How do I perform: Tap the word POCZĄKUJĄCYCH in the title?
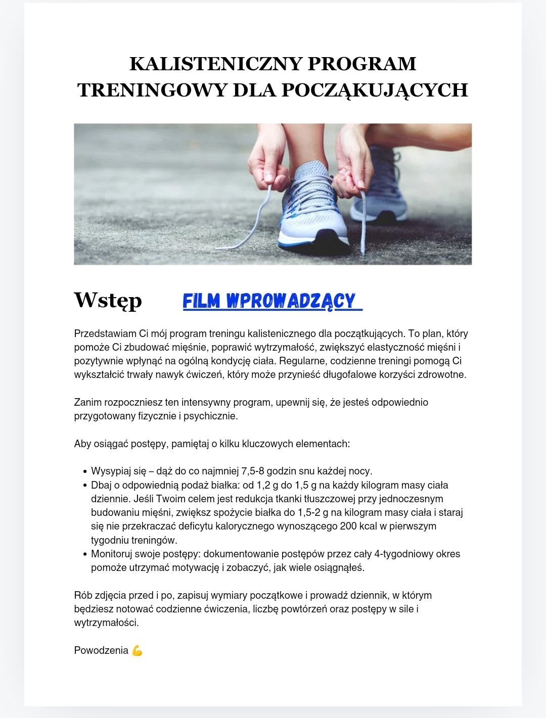click(375, 90)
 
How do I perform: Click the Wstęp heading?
click(108, 300)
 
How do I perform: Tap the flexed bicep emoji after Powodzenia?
click(137, 651)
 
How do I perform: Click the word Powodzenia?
click(101, 651)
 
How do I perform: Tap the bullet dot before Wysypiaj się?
click(85, 472)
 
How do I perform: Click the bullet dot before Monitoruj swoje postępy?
click(85, 554)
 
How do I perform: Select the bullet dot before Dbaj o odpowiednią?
click(85, 486)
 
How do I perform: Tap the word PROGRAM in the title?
click(362, 64)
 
